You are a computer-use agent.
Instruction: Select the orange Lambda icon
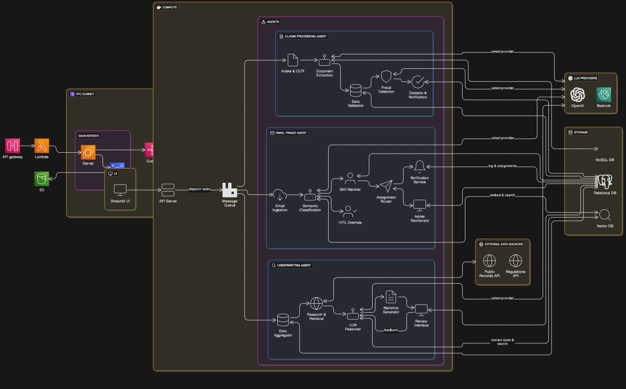pyautogui.click(x=42, y=146)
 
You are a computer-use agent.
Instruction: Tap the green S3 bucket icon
pyautogui.click(x=42, y=179)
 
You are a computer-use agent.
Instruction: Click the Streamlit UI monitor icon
pyautogui.click(x=120, y=190)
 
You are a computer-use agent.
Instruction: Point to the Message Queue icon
pyautogui.click(x=229, y=190)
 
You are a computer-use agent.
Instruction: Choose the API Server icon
pyautogui.click(x=168, y=190)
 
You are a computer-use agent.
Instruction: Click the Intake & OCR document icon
pyautogui.click(x=293, y=60)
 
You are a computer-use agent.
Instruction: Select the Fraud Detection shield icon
pyautogui.click(x=386, y=77)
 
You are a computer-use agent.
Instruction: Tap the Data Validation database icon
pyautogui.click(x=356, y=91)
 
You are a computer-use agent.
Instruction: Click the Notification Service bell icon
pyautogui.click(x=420, y=167)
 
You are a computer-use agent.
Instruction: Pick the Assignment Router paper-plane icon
pyautogui.click(x=386, y=186)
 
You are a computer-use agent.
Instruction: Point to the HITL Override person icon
pyautogui.click(x=348, y=211)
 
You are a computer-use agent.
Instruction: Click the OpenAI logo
pyautogui.click(x=578, y=94)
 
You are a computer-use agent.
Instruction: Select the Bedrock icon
pyautogui.click(x=604, y=94)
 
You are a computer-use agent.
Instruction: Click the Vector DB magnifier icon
pyautogui.click(x=605, y=215)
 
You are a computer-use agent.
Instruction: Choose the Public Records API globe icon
pyautogui.click(x=489, y=261)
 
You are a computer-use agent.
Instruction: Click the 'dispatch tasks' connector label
pyautogui.click(x=199, y=189)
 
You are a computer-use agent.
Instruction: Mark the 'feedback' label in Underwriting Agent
pyautogui.click(x=391, y=330)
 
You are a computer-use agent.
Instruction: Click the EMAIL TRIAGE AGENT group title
pyautogui.click(x=291, y=133)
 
